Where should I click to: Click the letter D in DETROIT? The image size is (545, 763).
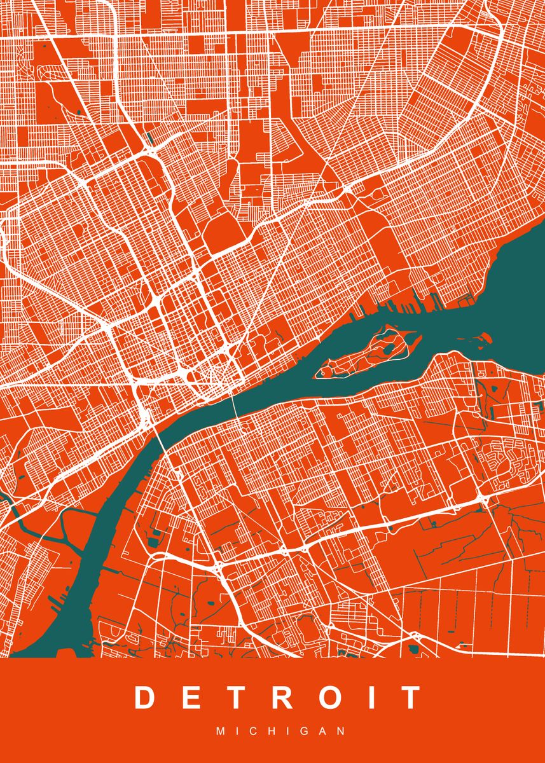(145, 698)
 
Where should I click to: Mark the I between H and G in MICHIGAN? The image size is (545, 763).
(283, 731)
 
